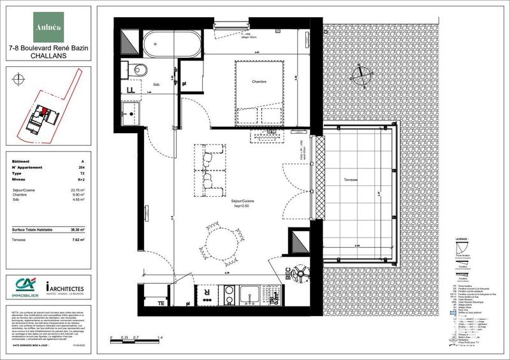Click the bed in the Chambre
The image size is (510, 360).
pos(258,92)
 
